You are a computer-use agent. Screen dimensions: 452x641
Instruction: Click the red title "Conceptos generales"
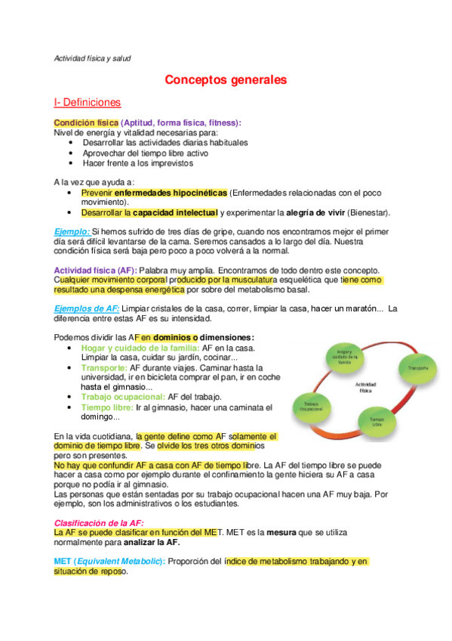point(226,79)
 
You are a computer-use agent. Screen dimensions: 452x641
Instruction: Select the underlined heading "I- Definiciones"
point(87,102)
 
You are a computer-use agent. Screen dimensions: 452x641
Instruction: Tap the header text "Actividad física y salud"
point(93,58)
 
